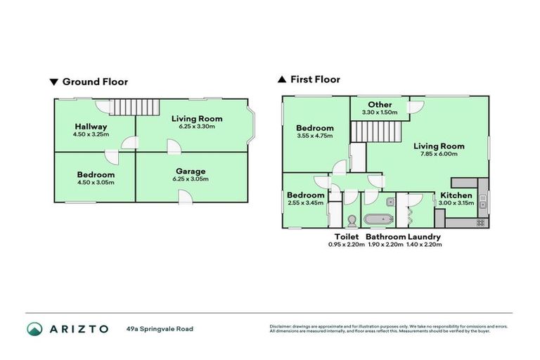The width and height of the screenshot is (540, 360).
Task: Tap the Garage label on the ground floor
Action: click(x=191, y=171)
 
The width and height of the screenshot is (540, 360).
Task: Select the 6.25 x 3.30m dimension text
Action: click(x=193, y=127)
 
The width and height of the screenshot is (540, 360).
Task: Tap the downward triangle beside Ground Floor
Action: click(x=54, y=82)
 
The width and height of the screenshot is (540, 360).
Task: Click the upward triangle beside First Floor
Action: click(x=282, y=79)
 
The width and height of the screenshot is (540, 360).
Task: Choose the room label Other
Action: click(x=379, y=104)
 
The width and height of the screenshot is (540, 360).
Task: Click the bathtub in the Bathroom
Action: click(x=378, y=219)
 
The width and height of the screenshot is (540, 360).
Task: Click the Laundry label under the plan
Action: click(x=424, y=237)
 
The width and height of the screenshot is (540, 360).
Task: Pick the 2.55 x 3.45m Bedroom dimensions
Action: click(x=306, y=202)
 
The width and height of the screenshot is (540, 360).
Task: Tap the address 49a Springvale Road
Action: click(x=160, y=328)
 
